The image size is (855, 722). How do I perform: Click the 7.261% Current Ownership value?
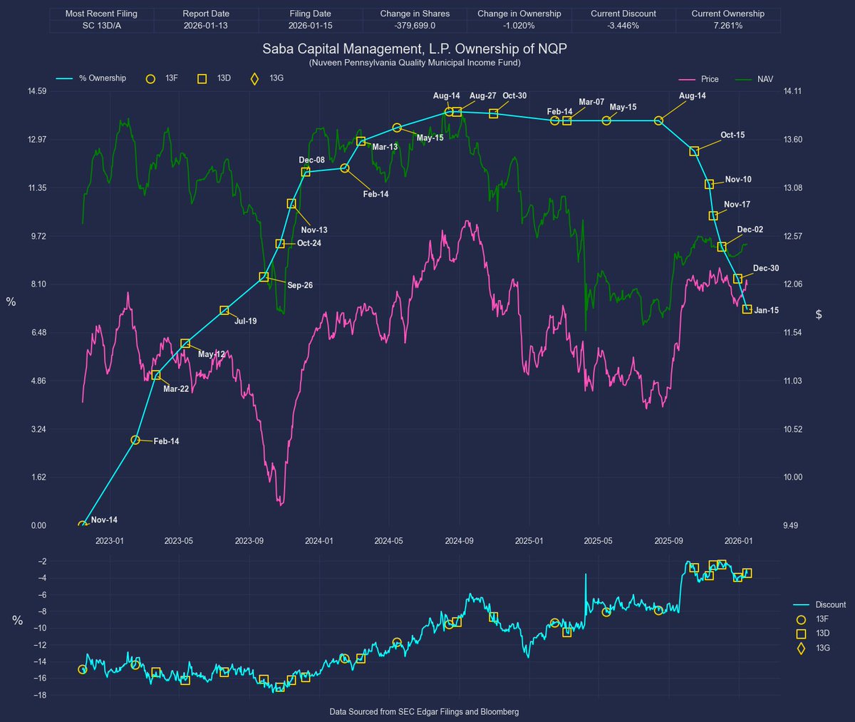[727, 26]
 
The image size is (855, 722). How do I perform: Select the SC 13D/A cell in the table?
[101, 26]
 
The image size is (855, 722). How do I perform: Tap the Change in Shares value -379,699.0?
[415, 26]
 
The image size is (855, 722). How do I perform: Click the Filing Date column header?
[310, 14]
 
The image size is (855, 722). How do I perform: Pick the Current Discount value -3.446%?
[623, 26]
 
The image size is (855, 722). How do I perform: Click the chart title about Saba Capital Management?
[415, 49]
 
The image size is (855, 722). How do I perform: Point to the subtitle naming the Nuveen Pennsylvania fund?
[415, 63]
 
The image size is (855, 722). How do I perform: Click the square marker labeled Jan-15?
[747, 309]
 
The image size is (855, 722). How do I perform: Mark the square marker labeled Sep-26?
[264, 277]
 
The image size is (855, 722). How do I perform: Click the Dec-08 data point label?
[311, 160]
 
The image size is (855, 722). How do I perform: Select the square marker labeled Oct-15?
[694, 151]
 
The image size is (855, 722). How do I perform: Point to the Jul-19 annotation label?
[245, 321]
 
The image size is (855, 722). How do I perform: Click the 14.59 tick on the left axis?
[36, 91]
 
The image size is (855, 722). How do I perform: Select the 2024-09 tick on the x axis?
[459, 541]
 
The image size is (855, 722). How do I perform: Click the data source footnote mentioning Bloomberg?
[424, 711]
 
